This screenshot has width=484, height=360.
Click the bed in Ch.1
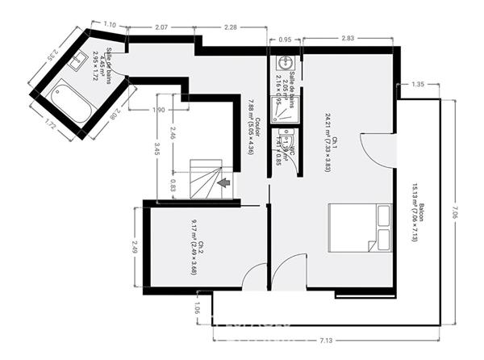(360, 228)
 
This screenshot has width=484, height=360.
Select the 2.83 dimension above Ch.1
(348, 39)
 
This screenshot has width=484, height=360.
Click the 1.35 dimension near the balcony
(417, 84)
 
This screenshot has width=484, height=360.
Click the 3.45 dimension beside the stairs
(157, 150)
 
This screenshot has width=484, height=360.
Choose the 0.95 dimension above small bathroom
(285, 39)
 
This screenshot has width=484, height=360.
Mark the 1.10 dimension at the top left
(111, 25)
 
